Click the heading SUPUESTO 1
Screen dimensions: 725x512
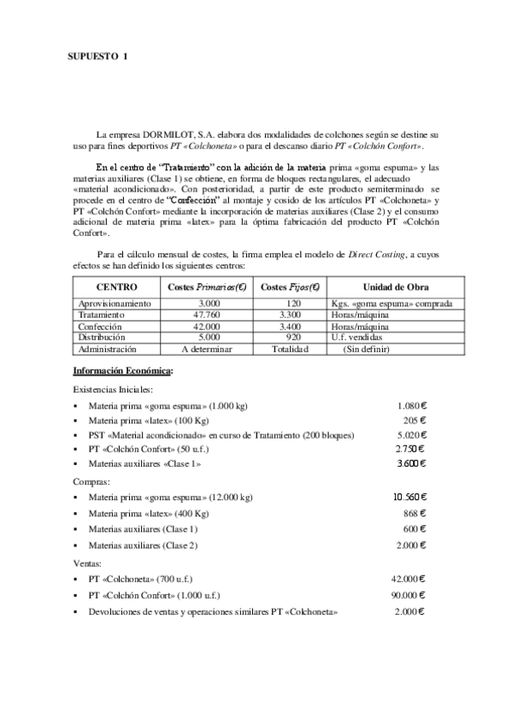tap(98, 56)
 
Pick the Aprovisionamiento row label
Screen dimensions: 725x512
tap(115, 304)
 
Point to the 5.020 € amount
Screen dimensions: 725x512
tap(411, 434)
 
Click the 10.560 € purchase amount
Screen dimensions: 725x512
tap(409, 497)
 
